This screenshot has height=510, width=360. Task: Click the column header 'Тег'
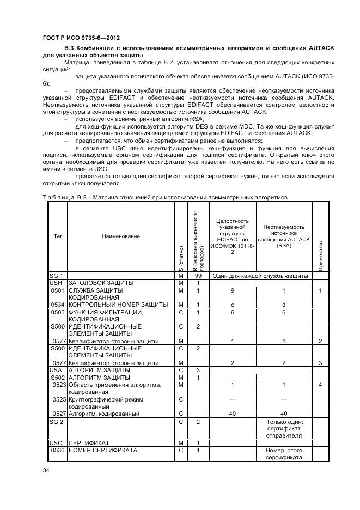pos(57,236)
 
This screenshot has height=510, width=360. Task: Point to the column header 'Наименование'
pos(120,236)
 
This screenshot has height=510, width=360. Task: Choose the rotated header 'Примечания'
pos(321,253)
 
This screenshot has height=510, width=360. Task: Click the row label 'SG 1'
pos(57,276)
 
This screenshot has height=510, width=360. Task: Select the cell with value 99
pos(198,276)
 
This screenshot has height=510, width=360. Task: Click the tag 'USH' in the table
pos(56,283)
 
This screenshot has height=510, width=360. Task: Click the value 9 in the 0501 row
pos(233,290)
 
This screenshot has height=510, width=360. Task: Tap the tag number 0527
pos(59,414)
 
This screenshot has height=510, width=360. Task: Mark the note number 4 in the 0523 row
pos(321,385)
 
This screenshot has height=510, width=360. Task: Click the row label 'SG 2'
pos(57,422)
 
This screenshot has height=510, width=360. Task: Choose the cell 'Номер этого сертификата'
pos(284,454)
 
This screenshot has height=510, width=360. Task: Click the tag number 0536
pos(59,451)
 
